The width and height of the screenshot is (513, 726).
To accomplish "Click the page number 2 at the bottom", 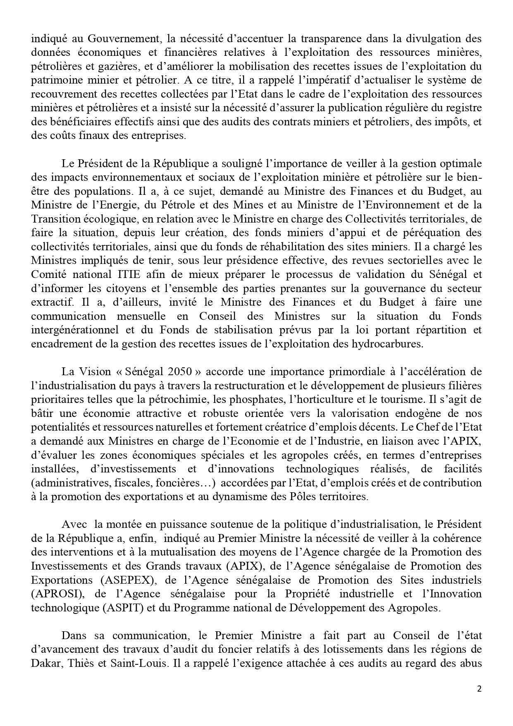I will click(x=480, y=689).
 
